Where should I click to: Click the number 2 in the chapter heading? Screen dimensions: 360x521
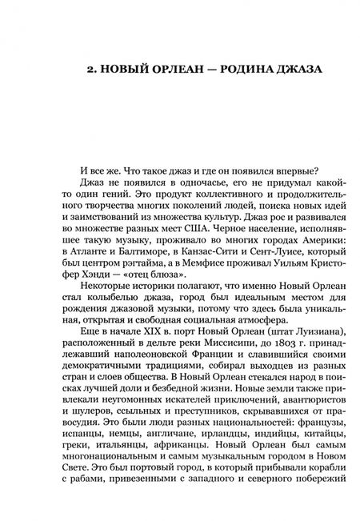click(88, 70)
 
